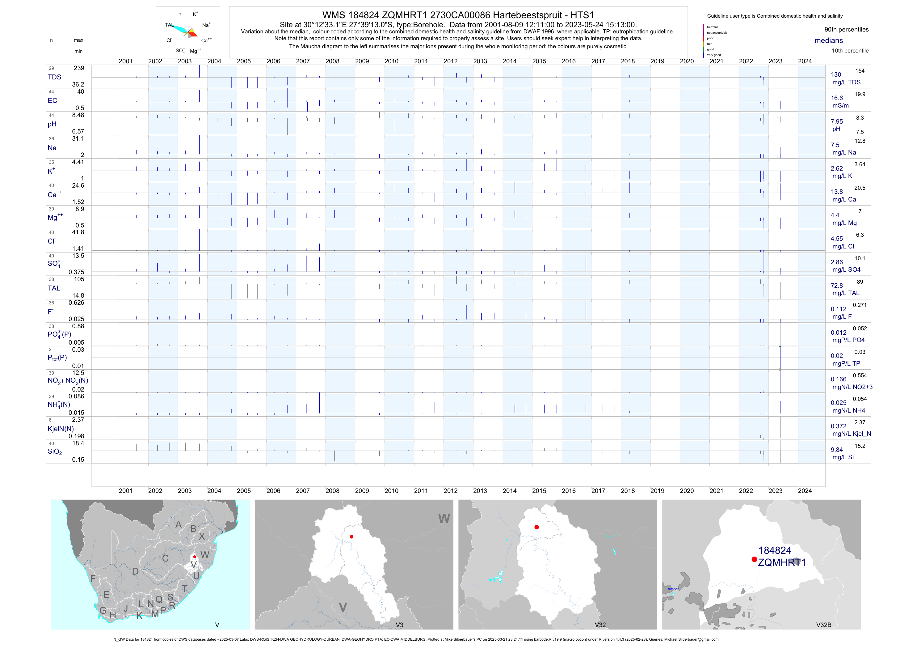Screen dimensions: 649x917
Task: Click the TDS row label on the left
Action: pyautogui.click(x=54, y=77)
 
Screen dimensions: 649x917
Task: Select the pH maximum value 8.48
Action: pyautogui.click(x=78, y=115)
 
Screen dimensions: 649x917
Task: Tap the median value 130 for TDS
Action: pyautogui.click(x=836, y=75)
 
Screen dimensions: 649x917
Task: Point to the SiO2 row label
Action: pyautogui.click(x=55, y=452)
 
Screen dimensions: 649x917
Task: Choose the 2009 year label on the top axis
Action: pyautogui.click(x=362, y=61)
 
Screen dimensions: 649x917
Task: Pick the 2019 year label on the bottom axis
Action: pyautogui.click(x=657, y=491)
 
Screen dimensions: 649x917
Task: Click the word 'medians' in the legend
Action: pyautogui.click(x=828, y=40)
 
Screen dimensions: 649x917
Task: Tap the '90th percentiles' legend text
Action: pyautogui.click(x=846, y=30)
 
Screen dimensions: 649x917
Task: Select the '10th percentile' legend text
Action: pyautogui.click(x=850, y=51)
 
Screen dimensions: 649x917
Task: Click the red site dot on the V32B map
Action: pyautogui.click(x=754, y=559)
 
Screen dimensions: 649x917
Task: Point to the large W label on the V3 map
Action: pyautogui.click(x=444, y=518)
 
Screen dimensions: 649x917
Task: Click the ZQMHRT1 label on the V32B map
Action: pyautogui.click(x=782, y=563)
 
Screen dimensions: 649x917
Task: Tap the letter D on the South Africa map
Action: pyautogui.click(x=135, y=571)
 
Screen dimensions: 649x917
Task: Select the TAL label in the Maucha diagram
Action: pyautogui.click(x=169, y=25)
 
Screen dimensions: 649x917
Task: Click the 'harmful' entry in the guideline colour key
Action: pyautogui.click(x=712, y=27)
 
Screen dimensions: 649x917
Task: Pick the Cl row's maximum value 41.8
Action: pyautogui.click(x=78, y=232)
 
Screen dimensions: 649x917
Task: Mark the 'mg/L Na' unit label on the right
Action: pyautogui.click(x=844, y=153)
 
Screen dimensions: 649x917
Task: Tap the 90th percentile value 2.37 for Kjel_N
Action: pyautogui.click(x=860, y=422)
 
